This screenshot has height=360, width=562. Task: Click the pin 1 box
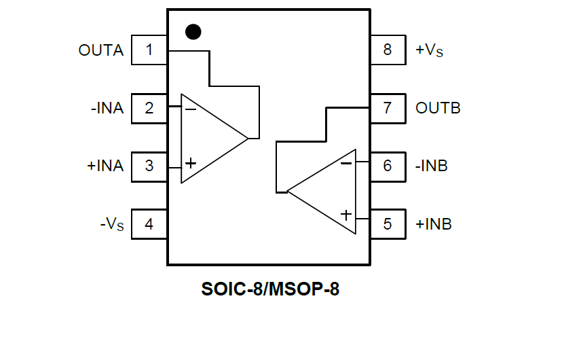point(149,50)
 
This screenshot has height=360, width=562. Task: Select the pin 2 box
point(149,108)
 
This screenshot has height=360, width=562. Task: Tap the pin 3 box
point(149,166)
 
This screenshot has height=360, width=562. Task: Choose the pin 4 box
point(149,223)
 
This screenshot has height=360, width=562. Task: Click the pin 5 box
point(388,223)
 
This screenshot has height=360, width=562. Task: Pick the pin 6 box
point(388,166)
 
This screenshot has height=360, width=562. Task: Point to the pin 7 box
point(388,108)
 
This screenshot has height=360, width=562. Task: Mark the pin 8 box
point(388,50)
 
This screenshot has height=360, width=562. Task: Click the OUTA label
point(101,50)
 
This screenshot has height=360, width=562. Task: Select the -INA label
point(107,108)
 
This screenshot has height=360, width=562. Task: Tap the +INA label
point(105,166)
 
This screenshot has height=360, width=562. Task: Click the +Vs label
point(429,50)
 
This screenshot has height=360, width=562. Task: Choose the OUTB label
point(438,108)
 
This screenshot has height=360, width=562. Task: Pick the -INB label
point(432,166)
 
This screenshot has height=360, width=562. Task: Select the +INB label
point(434,223)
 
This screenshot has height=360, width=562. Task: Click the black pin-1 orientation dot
point(193,32)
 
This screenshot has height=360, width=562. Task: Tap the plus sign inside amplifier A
point(191,163)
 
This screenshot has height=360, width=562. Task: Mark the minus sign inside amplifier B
point(346,163)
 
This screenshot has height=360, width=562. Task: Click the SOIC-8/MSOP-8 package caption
point(270,289)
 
